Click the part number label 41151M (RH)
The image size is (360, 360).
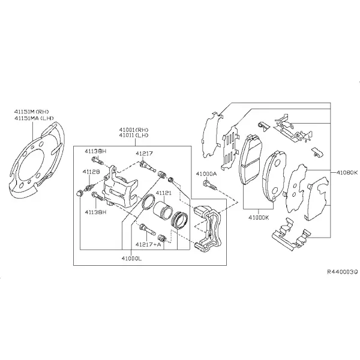(32, 112)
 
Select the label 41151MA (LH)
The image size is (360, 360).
(34, 118)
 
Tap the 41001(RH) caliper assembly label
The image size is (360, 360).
(134, 130)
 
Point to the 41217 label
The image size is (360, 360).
(144, 153)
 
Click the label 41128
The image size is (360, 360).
(91, 172)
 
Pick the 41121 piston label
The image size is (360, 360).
(164, 193)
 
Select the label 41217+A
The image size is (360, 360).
(148, 245)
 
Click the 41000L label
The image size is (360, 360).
(132, 259)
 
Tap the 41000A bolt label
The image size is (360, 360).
(206, 174)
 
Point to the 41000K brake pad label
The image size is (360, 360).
(259, 217)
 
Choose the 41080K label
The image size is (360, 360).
(347, 172)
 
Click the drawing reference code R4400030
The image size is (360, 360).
(343, 272)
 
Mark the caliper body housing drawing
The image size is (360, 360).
(119, 186)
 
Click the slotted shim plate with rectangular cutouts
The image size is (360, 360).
(230, 149)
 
